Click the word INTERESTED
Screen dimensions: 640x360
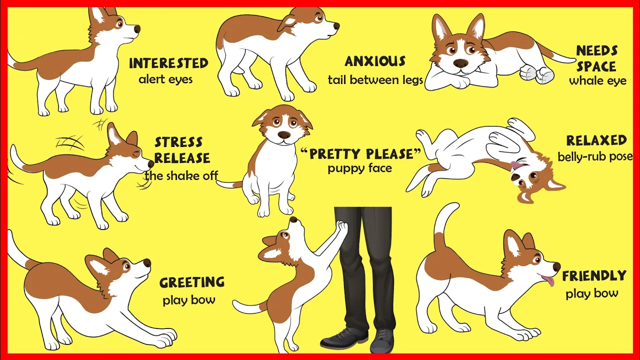tap(168, 63)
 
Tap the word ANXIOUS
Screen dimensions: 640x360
tap(375, 61)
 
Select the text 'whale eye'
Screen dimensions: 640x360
tap(597, 81)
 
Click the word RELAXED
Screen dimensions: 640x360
tap(596, 140)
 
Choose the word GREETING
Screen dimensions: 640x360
tap(192, 282)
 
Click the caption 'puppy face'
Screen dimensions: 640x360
tap(359, 168)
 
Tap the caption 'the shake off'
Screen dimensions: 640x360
tap(181, 175)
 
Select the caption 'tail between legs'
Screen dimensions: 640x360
tap(375, 80)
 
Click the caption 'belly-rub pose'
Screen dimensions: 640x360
tap(595, 156)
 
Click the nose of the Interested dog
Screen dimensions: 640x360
tap(137, 29)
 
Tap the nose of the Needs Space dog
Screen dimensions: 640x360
tap(460, 63)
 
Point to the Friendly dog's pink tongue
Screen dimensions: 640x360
tap(548, 280)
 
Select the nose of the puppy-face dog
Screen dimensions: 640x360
tap(284, 134)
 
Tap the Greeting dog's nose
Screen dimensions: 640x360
tap(147, 263)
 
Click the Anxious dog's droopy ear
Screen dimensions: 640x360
tap(287, 23)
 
